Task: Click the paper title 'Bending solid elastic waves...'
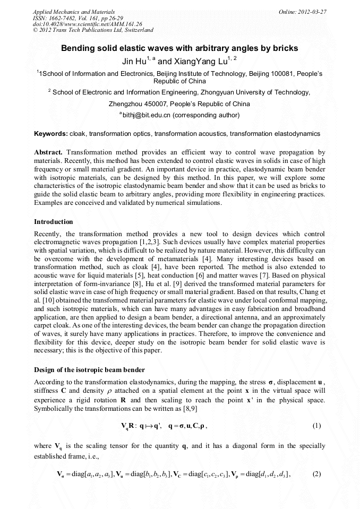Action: tap(179, 48)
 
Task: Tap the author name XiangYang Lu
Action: tap(201, 62)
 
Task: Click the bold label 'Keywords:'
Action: tap(50, 134)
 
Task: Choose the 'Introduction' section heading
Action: tap(53, 221)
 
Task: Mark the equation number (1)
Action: tap(316, 426)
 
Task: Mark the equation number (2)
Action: tap(316, 474)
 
